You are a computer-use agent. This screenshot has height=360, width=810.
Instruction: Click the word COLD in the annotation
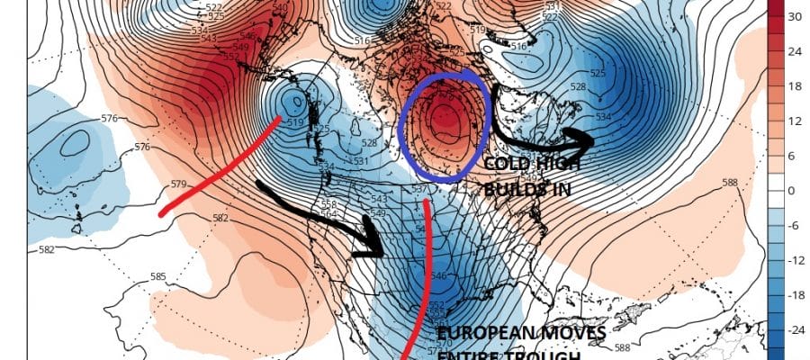click(507, 165)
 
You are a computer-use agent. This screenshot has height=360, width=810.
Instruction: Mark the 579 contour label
click(178, 184)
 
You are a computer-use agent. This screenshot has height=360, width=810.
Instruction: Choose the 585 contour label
click(158, 276)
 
